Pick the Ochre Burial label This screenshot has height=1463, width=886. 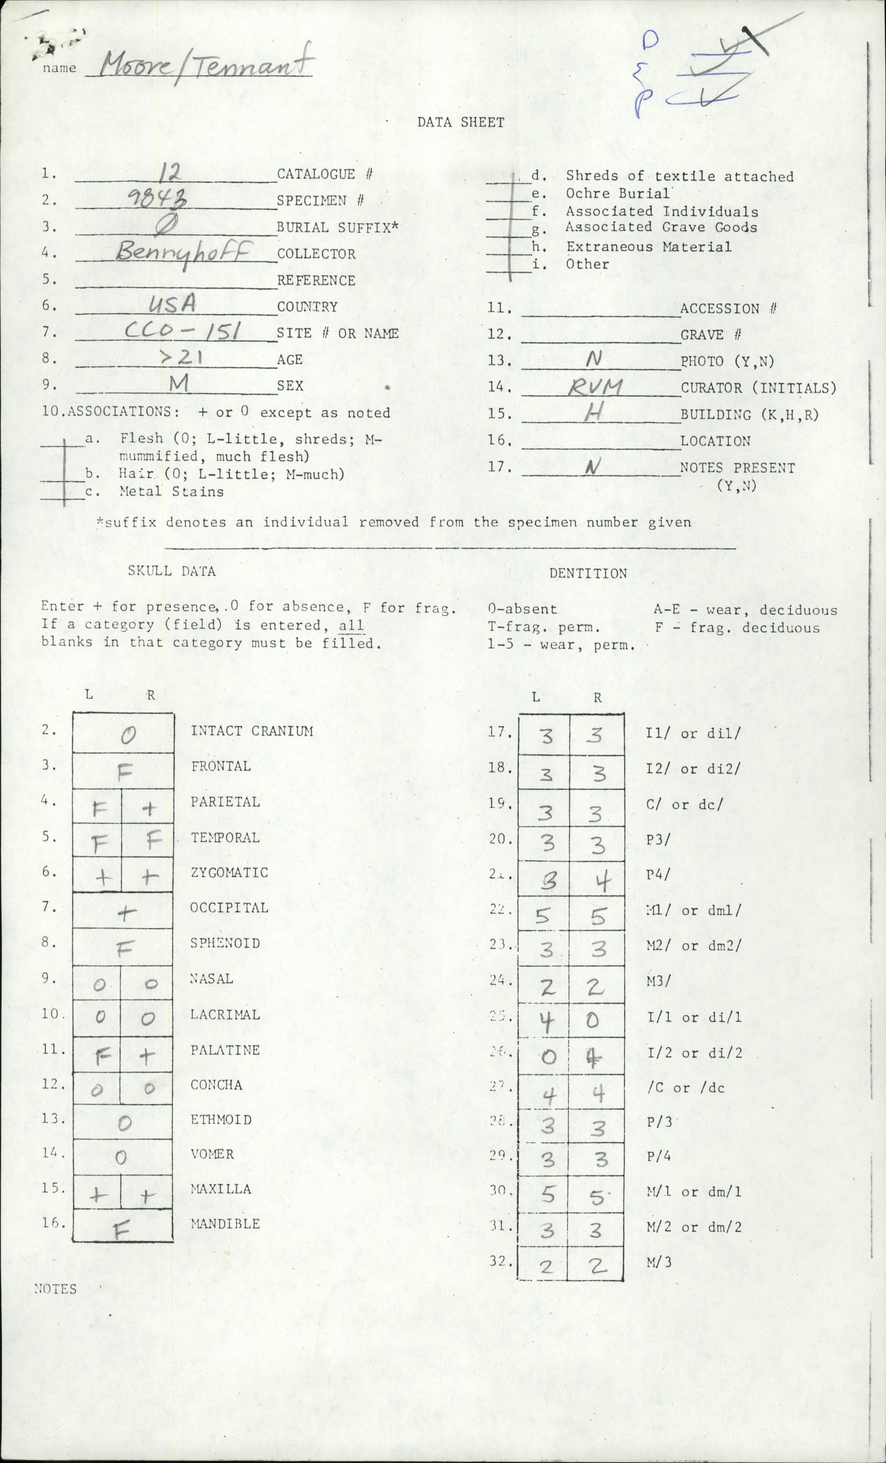pyautogui.click(x=618, y=194)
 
